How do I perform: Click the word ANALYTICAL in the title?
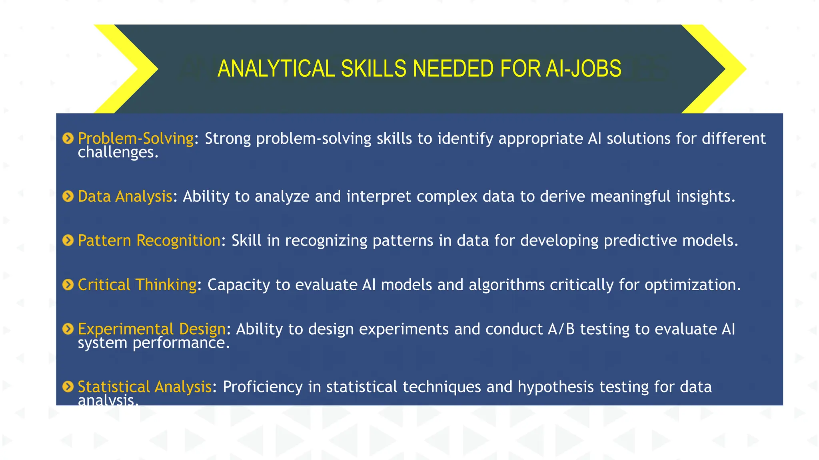click(276, 69)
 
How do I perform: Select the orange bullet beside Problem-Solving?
click(68, 139)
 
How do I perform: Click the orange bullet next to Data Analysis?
click(68, 196)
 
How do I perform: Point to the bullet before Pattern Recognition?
click(68, 240)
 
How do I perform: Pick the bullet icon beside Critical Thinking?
click(68, 285)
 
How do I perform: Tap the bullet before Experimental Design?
click(68, 329)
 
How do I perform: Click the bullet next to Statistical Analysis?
click(68, 387)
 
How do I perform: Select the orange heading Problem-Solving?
click(136, 139)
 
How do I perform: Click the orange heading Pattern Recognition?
click(149, 240)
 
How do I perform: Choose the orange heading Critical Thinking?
click(137, 285)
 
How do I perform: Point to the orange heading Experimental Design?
click(152, 329)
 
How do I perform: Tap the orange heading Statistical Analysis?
click(144, 387)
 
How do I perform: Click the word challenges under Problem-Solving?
click(118, 153)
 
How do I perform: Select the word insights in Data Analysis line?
click(705, 196)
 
